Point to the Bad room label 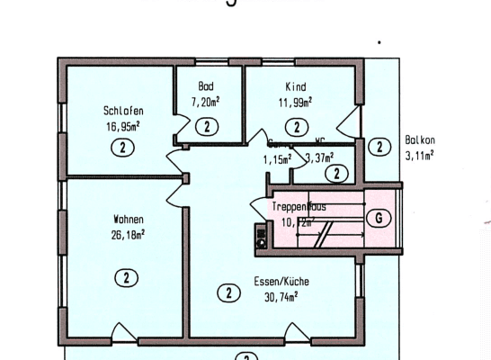(x=206, y=86)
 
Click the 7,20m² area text (x=206, y=102)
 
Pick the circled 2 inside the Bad (x=207, y=126)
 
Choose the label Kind (x=296, y=86)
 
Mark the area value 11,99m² (x=296, y=102)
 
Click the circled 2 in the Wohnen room (x=126, y=277)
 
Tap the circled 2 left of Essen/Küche (x=230, y=292)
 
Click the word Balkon (x=419, y=140)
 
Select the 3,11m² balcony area (x=419, y=155)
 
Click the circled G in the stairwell (x=379, y=217)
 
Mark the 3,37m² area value (x=321, y=158)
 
